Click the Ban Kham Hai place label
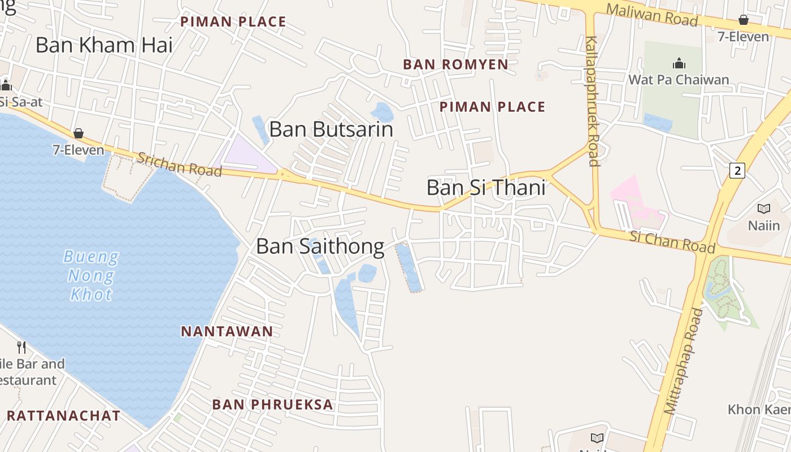(104, 45)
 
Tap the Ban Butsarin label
(331, 129)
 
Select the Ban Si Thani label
(486, 188)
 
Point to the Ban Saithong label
(320, 246)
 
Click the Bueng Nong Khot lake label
(91, 276)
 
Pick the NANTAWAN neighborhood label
(227, 332)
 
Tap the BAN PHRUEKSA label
(273, 405)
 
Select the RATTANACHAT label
(63, 416)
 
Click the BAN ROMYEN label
(455, 64)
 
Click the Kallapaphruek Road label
(592, 102)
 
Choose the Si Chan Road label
(672, 241)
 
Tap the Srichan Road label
(180, 164)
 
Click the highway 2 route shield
(737, 170)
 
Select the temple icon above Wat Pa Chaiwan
(679, 63)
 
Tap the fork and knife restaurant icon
(21, 346)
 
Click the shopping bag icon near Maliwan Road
(744, 20)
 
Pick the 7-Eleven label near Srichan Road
(79, 150)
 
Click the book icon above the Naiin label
(764, 209)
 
